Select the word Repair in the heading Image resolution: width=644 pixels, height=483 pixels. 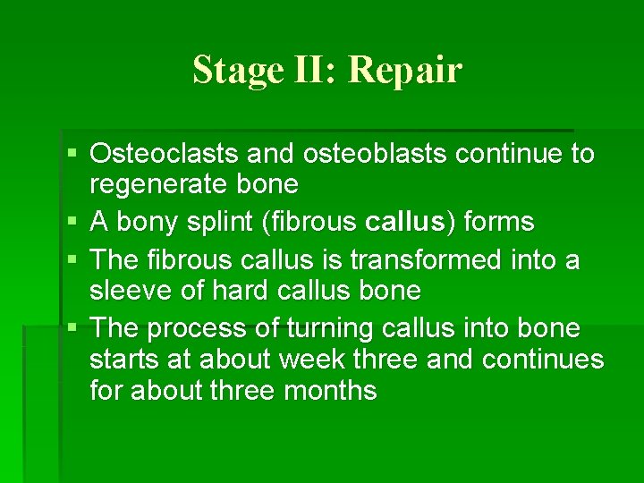coord(405,70)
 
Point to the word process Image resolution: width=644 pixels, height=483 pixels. coord(197,329)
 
